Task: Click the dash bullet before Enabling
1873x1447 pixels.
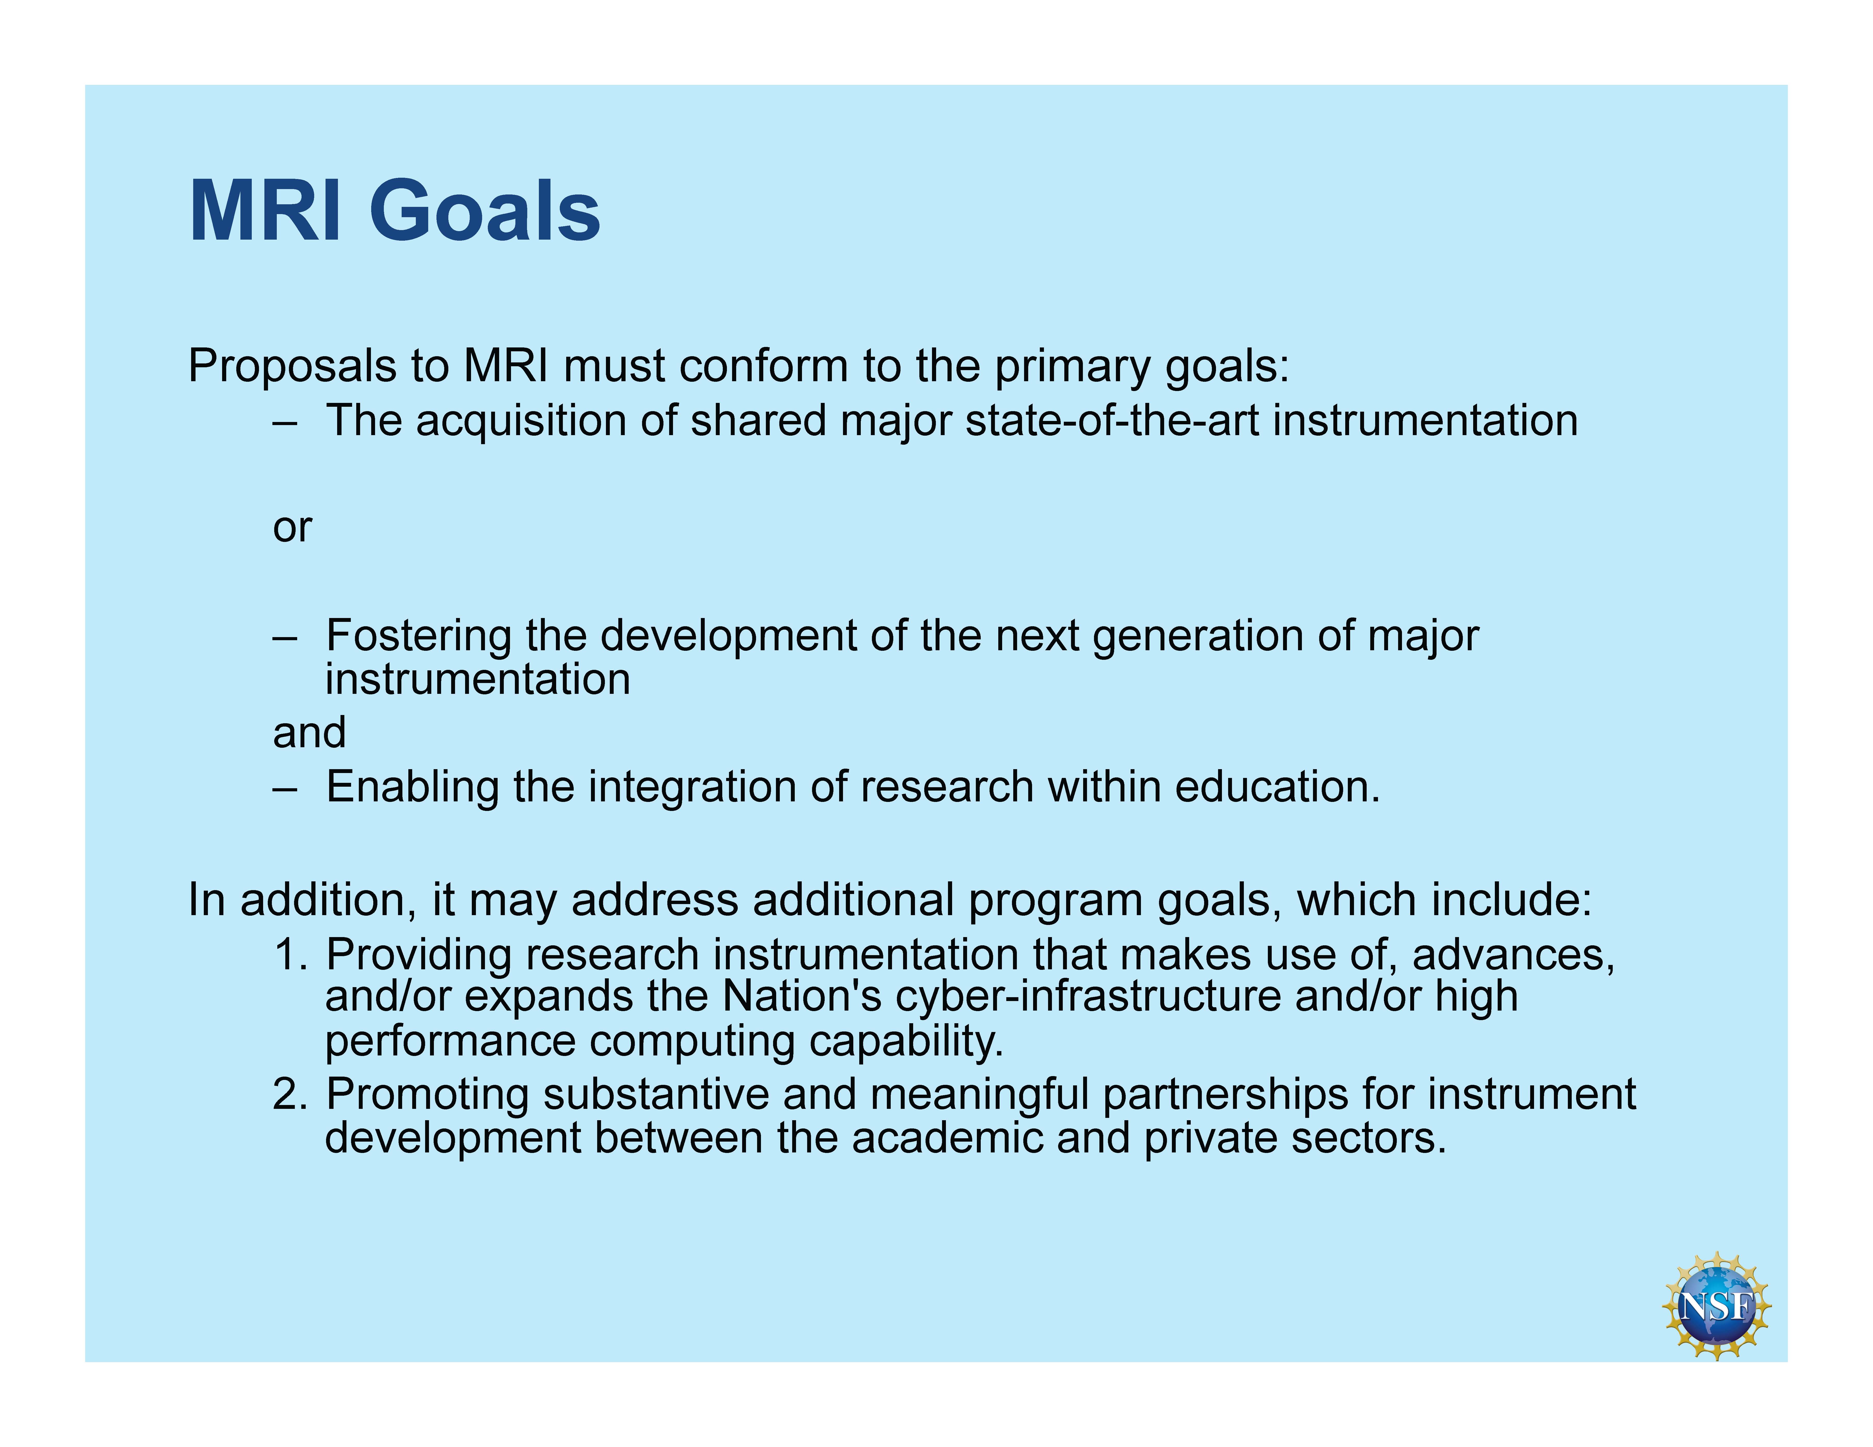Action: click(285, 788)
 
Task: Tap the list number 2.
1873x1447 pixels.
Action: click(291, 1094)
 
